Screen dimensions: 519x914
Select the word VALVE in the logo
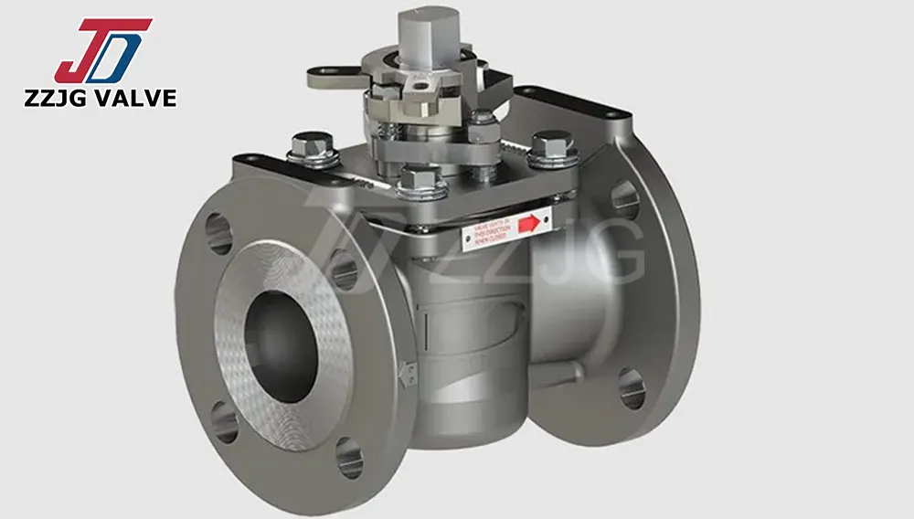[133, 98]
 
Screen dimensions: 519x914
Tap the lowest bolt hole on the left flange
[348, 457]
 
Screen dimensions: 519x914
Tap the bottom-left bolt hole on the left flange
[224, 422]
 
